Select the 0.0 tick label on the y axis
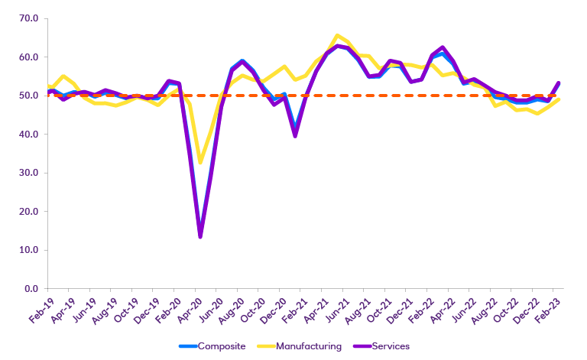click(31, 288)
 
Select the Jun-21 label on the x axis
click(336, 309)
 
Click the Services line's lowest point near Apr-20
click(200, 236)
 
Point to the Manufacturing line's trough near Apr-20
click(200, 162)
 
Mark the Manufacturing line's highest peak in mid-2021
click(337, 35)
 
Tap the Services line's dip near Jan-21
click(295, 135)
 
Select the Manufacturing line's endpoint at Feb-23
click(559, 99)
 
